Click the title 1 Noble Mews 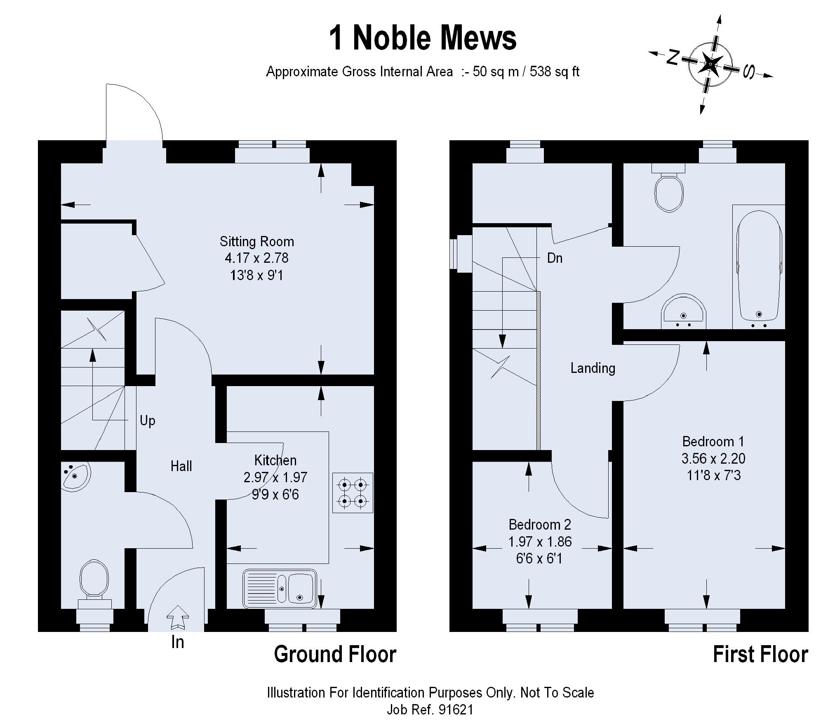[422, 38]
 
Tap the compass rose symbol [710, 65]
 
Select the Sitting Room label [256, 241]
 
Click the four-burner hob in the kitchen [353, 493]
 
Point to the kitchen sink [280, 589]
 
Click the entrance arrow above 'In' [178, 617]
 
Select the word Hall [181, 466]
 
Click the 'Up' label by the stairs [147, 421]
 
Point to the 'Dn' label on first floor [555, 258]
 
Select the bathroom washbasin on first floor [684, 313]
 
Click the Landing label [593, 368]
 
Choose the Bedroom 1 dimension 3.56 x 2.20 [713, 458]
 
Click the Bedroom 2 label [540, 524]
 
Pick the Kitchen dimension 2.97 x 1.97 [275, 477]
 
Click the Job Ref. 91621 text [430, 710]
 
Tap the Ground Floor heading [335, 654]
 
